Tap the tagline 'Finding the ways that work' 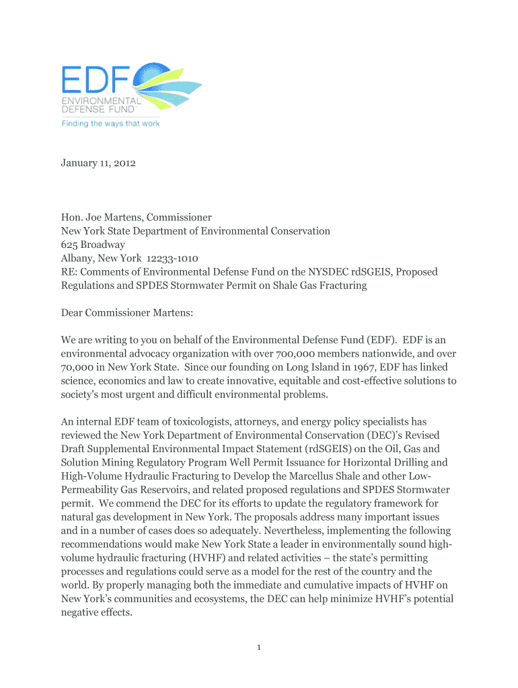pyautogui.click(x=111, y=124)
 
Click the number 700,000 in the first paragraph pyautogui.click(x=293, y=353)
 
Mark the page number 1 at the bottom pyautogui.click(x=259, y=647)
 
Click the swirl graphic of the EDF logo pyautogui.click(x=168, y=84)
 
